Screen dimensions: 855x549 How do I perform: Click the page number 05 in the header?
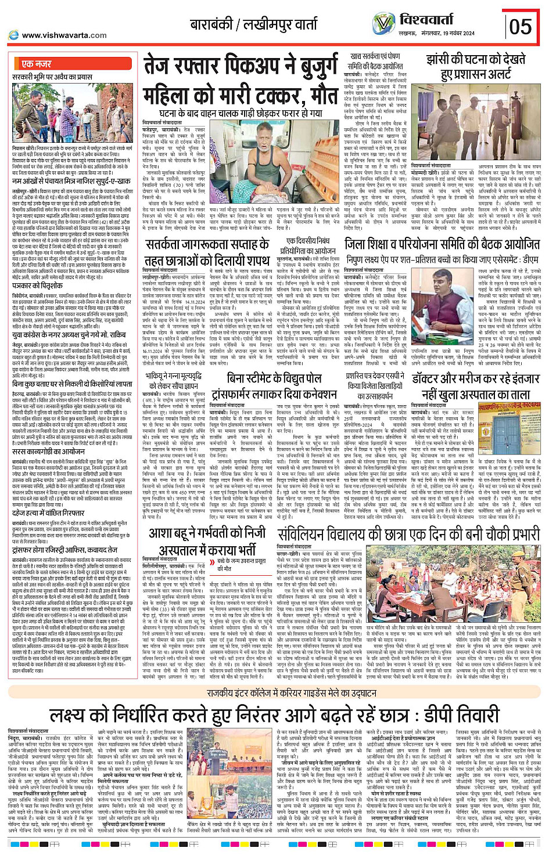[x=520, y=26]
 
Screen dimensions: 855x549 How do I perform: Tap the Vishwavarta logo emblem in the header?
[x=383, y=24]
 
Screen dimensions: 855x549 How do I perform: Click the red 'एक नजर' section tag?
[x=36, y=64]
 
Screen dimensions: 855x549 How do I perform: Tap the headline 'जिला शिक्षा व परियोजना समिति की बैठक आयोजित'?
[x=442, y=244]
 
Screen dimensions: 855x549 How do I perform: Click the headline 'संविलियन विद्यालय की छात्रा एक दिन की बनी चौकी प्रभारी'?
[x=408, y=534]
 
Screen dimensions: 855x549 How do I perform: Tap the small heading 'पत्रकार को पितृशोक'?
[x=38, y=286]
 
